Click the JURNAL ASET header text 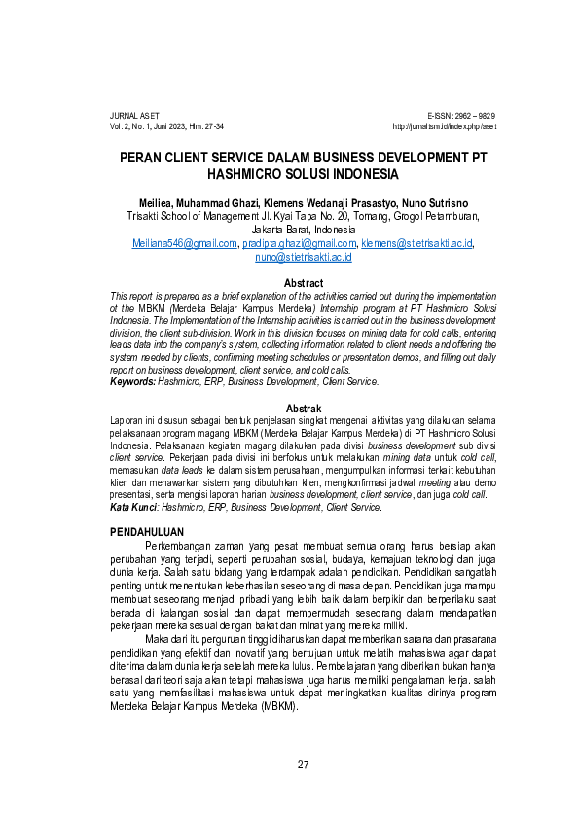[134, 115]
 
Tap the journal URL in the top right [444, 126]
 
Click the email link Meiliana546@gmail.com [185, 244]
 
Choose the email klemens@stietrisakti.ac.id [416, 244]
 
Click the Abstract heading [303, 283]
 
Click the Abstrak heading [303, 408]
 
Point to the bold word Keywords [131, 382]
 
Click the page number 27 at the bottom [303, 765]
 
